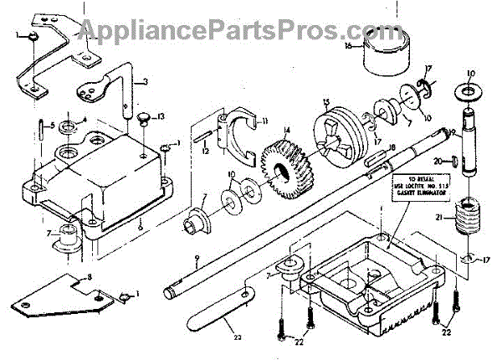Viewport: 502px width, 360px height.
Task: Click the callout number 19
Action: pyautogui.click(x=451, y=131)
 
